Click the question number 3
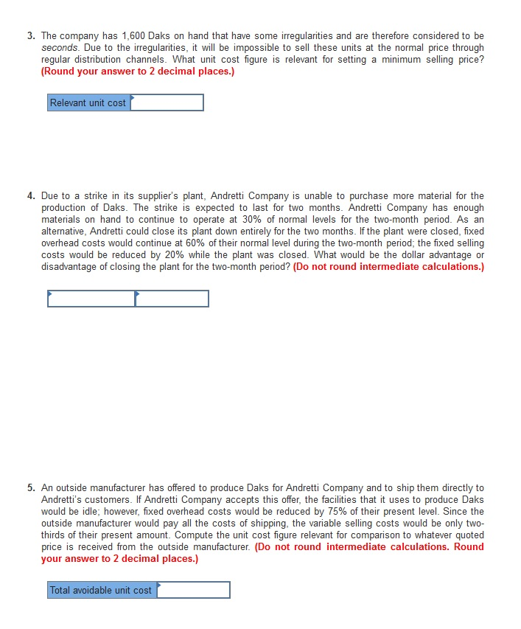pos(32,36)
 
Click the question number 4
pos(32,196)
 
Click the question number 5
pos(32,488)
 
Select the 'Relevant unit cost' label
pos(88,103)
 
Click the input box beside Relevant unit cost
pos(167,103)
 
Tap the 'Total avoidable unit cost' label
pos(102,591)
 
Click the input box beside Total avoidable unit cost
pos(194,591)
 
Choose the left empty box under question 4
pos(91,299)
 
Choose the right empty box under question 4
pos(172,299)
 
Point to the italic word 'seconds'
pos(60,48)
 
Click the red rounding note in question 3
pos(138,72)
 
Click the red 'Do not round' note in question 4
pos(388,267)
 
